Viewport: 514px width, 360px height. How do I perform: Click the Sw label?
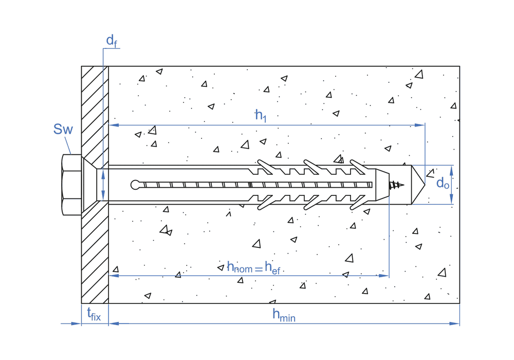63,129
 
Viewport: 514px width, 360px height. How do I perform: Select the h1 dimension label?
261,115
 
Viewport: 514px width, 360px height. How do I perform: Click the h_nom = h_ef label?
253,267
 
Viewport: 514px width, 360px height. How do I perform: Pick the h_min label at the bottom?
284,315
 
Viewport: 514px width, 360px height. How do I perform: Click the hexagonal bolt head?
71,185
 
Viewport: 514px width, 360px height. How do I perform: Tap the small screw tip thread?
397,185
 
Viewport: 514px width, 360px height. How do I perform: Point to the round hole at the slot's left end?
136,185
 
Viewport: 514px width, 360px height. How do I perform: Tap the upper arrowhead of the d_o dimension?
452,169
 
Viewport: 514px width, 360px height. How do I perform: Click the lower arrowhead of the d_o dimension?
452,201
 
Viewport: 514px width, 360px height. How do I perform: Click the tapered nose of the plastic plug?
383,185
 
